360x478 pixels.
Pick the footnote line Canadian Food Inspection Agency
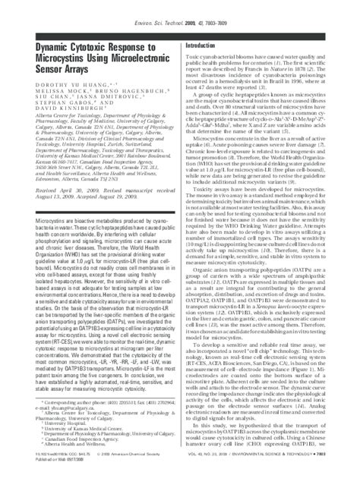[x=60, y=442]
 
